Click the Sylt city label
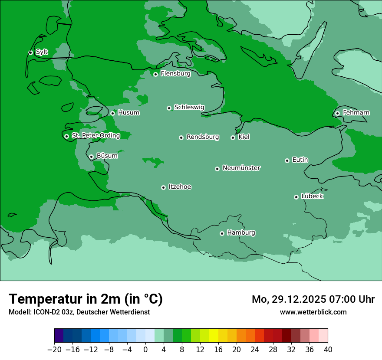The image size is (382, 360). [x=42, y=52]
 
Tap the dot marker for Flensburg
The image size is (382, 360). [x=155, y=74]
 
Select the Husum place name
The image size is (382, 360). [x=128, y=113]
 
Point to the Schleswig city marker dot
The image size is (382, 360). [x=169, y=108]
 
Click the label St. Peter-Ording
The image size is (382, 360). [x=95, y=136]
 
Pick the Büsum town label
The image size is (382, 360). [x=107, y=156]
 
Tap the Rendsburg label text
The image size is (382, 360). [x=202, y=137]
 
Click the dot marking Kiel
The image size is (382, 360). [x=233, y=137]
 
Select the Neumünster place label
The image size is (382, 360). [x=241, y=168]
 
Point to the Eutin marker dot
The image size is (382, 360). [x=287, y=160]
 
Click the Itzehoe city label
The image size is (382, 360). [x=180, y=187]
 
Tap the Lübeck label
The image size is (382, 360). [x=312, y=196]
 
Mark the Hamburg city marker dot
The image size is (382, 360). [x=222, y=233]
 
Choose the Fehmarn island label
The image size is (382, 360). [x=356, y=113]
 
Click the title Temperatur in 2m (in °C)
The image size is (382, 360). [x=86, y=299]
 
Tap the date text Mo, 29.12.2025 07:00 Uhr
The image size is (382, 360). [x=313, y=299]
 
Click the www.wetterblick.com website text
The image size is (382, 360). [x=313, y=312]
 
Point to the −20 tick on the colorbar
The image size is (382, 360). [x=55, y=350]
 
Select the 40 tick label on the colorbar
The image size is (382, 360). [x=328, y=350]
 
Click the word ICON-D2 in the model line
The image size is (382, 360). [x=44, y=312]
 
